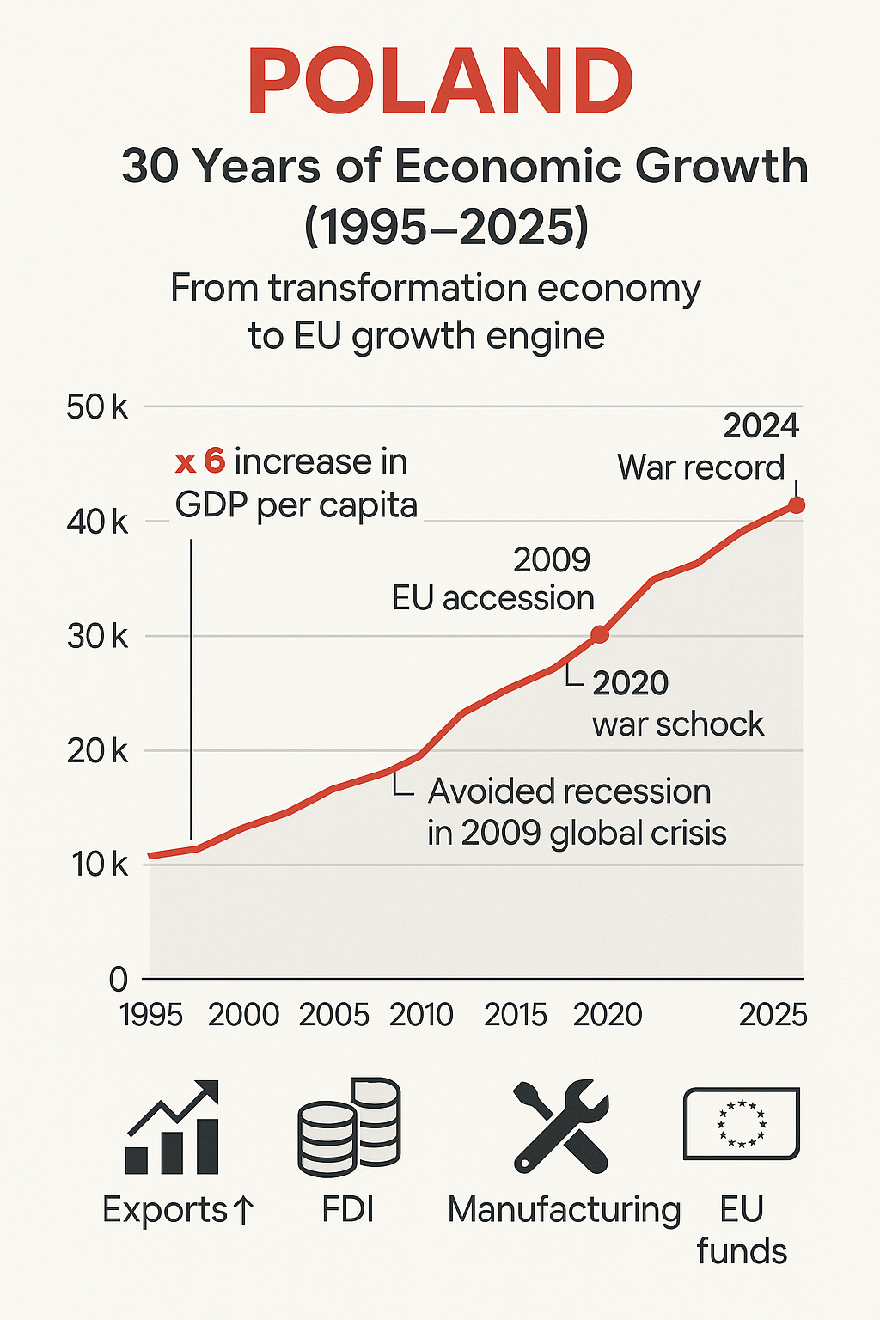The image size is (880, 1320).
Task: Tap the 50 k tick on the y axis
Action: pos(96,406)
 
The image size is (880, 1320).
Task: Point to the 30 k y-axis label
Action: pos(96,637)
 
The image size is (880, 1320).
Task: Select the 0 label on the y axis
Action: pos(119,979)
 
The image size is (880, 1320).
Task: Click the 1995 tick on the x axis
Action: pos(151,1015)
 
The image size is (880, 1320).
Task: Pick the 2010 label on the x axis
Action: pos(421,1015)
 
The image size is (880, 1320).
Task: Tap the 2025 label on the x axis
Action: pos(773,1015)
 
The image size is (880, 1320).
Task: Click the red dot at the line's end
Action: pos(797,504)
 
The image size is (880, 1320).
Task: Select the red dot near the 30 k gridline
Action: pos(600,635)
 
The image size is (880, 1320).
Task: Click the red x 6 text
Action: pos(200,462)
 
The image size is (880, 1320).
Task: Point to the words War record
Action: pos(700,467)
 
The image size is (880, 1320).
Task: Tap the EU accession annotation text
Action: pos(493,598)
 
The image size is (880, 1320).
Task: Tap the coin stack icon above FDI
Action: pos(349,1127)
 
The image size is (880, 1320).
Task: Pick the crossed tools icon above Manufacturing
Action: pos(560,1127)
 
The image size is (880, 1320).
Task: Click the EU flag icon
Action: pos(741,1122)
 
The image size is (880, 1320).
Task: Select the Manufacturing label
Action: pos(564,1210)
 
